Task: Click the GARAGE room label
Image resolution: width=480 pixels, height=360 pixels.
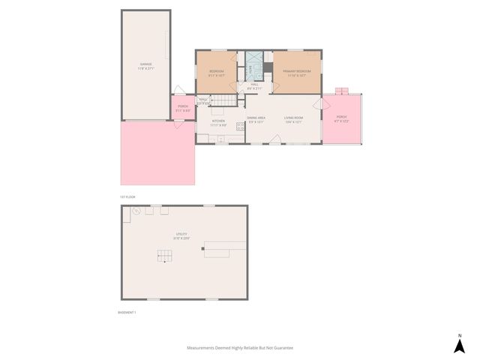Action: pyautogui.click(x=145, y=64)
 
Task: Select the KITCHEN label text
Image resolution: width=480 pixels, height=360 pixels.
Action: pyautogui.click(x=218, y=121)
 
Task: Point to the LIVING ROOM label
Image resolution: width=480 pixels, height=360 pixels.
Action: pyautogui.click(x=293, y=118)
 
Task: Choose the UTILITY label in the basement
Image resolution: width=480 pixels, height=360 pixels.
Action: pyautogui.click(x=181, y=235)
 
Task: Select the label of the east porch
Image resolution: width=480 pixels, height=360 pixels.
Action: pyautogui.click(x=341, y=118)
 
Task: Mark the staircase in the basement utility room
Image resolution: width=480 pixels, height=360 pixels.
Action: pyautogui.click(x=164, y=255)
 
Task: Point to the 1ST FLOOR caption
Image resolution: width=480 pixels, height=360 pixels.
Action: pyautogui.click(x=127, y=196)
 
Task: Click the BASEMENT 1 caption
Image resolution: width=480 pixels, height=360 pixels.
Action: pyautogui.click(x=127, y=311)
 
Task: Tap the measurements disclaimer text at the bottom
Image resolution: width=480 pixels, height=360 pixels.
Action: pyautogui.click(x=239, y=348)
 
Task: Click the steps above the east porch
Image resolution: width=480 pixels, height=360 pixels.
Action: pyautogui.click(x=342, y=91)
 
